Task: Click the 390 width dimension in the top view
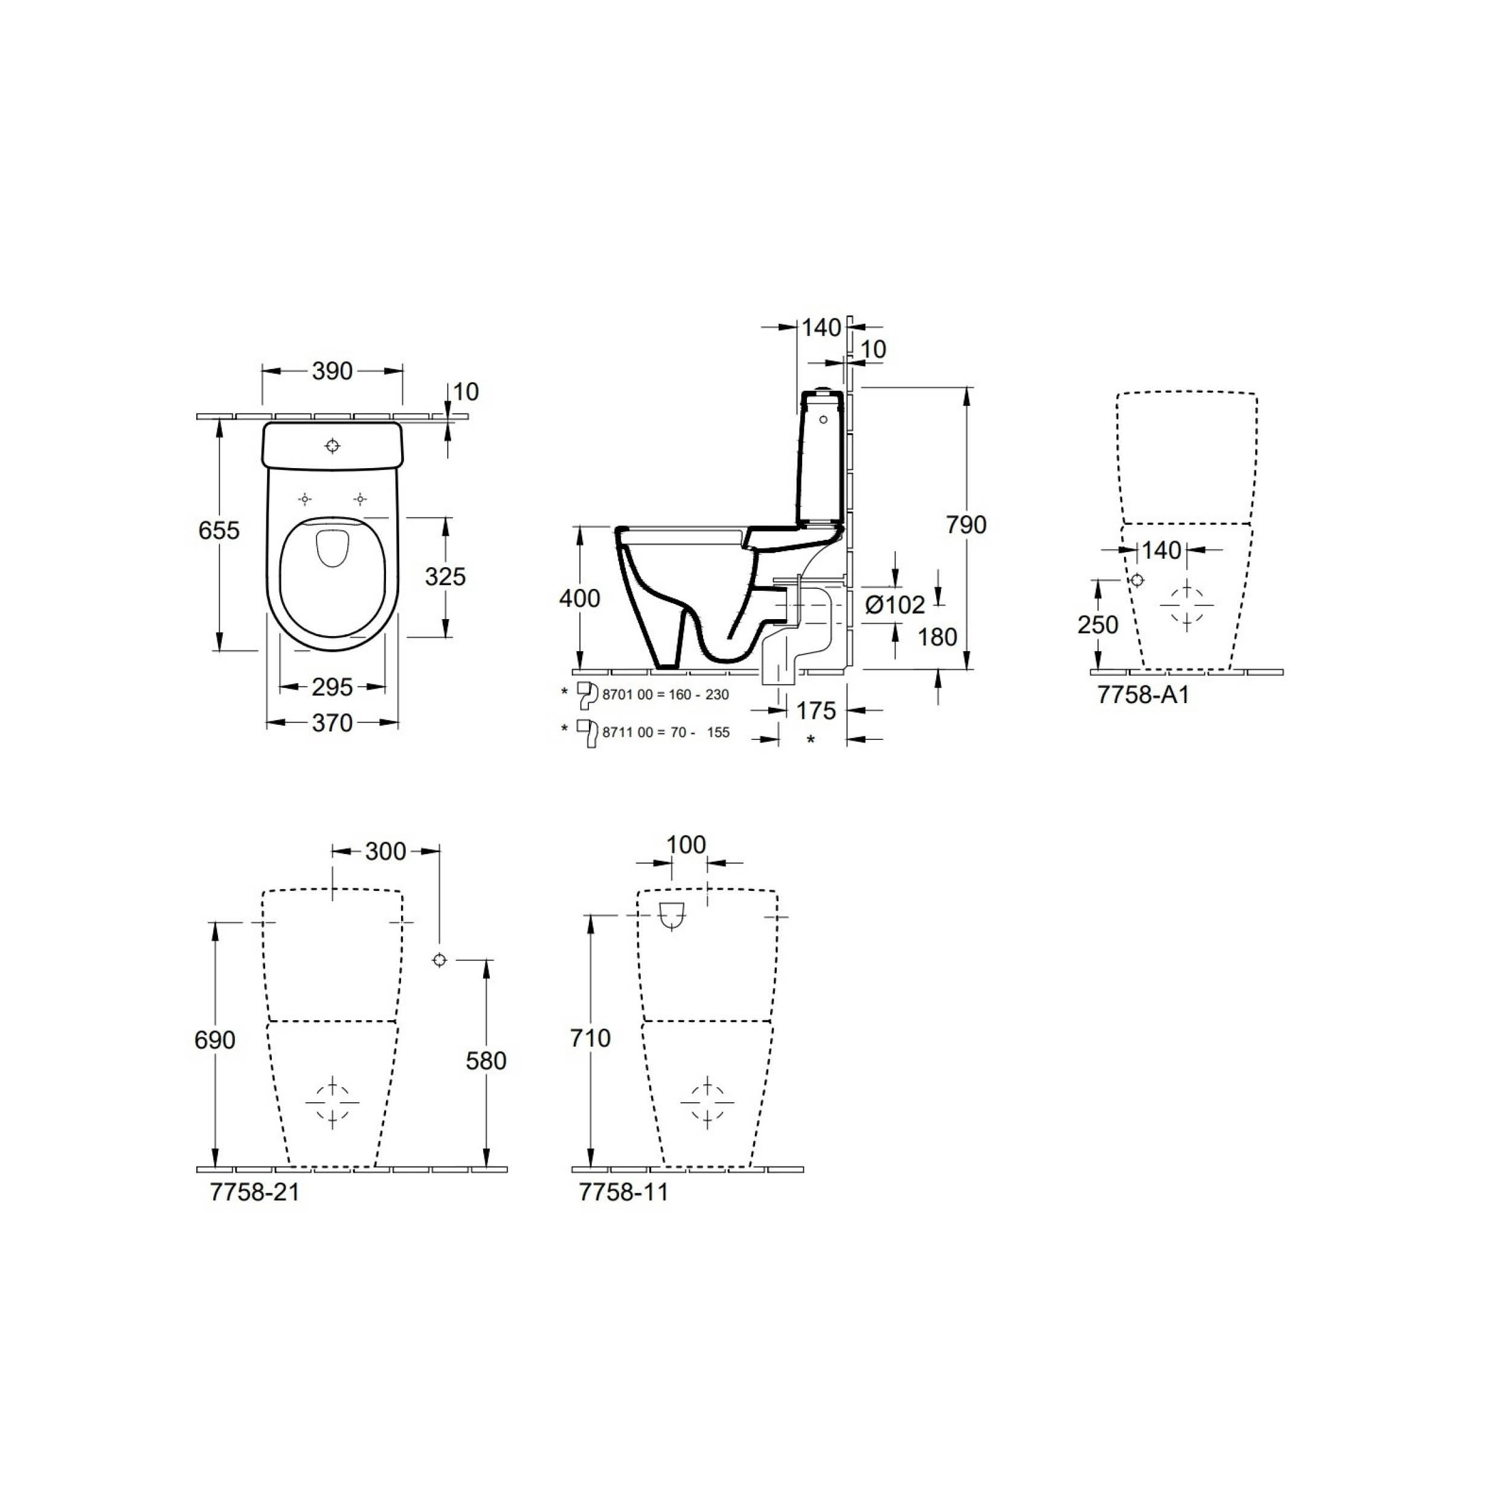coord(332,371)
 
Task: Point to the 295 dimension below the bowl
coord(332,687)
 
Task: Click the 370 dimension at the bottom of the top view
coord(332,723)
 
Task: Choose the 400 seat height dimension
coord(580,598)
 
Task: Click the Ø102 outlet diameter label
coord(895,604)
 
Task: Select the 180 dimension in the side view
coord(937,637)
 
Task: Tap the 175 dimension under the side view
coord(816,710)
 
